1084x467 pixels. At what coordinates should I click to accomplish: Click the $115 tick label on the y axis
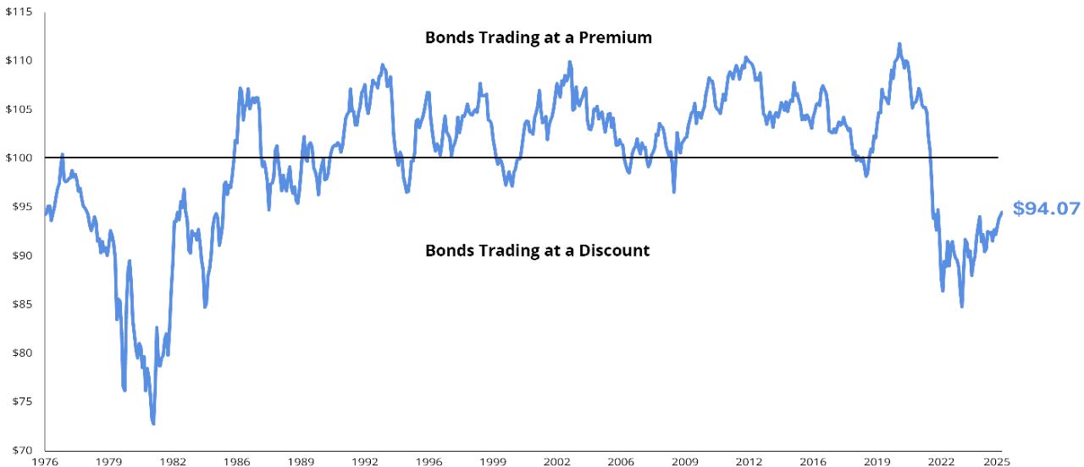tap(18, 11)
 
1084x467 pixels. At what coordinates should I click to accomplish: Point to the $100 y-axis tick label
tap(18, 158)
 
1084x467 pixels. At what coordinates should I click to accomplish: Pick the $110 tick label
tap(18, 60)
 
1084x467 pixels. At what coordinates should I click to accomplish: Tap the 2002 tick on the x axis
tap(556, 462)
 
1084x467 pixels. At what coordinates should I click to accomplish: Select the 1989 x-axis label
tap(301, 462)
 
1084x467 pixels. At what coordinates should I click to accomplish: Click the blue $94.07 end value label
tap(1046, 208)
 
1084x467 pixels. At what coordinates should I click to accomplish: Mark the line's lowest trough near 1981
tap(153, 423)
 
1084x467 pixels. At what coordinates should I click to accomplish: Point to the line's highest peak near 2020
tap(899, 44)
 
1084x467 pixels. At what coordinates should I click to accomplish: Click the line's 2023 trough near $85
tap(962, 306)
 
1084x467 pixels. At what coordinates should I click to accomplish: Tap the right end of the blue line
tap(1001, 212)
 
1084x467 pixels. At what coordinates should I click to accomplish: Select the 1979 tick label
tap(108, 462)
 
